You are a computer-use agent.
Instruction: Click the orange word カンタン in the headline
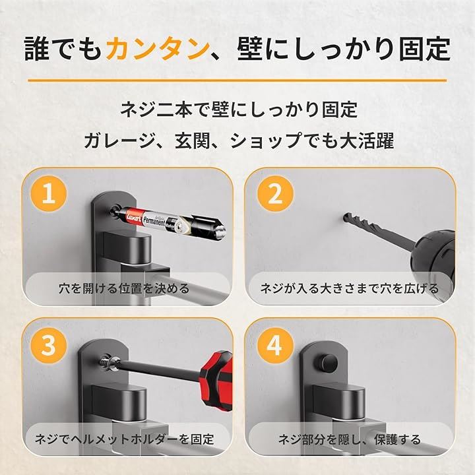(158, 49)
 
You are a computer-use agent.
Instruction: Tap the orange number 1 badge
(49, 194)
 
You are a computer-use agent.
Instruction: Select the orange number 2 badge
(275, 194)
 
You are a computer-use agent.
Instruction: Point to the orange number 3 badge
(49, 345)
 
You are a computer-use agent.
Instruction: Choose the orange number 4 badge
(275, 345)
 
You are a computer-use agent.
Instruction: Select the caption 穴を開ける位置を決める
(124, 288)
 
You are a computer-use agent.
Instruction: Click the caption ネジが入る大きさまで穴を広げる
(350, 288)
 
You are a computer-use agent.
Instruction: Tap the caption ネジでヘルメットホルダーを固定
(125, 439)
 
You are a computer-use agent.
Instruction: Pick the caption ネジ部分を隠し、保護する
(349, 439)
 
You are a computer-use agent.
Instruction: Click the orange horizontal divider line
(237, 80)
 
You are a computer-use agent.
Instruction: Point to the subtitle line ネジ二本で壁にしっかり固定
(239, 110)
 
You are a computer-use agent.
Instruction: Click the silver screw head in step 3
(113, 361)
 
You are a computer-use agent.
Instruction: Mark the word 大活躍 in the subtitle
(367, 141)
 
